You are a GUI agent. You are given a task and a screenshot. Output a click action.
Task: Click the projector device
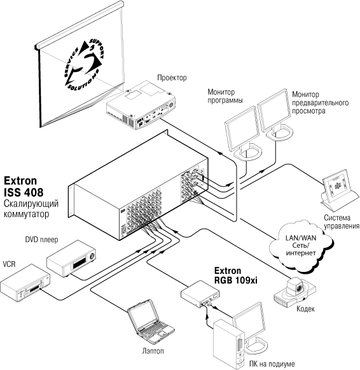pyautogui.click(x=141, y=105)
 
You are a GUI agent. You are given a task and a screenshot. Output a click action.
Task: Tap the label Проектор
pyautogui.click(x=172, y=78)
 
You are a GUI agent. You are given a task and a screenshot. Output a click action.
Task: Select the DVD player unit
pyautogui.click(x=71, y=259)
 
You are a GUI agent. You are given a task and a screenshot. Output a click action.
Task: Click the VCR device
pyautogui.click(x=25, y=283)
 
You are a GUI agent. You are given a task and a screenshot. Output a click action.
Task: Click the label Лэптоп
pyautogui.click(x=153, y=351)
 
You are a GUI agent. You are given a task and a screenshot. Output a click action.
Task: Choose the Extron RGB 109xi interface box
pyautogui.click(x=200, y=294)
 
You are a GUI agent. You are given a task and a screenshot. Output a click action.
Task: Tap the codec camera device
pyautogui.click(x=294, y=291)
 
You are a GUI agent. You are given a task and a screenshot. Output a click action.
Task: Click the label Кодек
pyautogui.click(x=305, y=309)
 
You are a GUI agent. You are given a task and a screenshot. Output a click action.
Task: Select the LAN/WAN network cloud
pyautogui.click(x=301, y=245)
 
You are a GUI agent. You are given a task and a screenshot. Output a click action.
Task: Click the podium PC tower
pyautogui.click(x=228, y=344)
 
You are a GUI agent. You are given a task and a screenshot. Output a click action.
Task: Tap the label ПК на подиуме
pyautogui.click(x=272, y=364)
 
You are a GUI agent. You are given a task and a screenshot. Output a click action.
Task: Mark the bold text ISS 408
pyautogui.click(x=24, y=192)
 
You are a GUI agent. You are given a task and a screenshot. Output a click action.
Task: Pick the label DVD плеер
pyautogui.click(x=41, y=239)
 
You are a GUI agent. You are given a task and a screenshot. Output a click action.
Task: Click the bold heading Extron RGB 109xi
pyautogui.click(x=235, y=275)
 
